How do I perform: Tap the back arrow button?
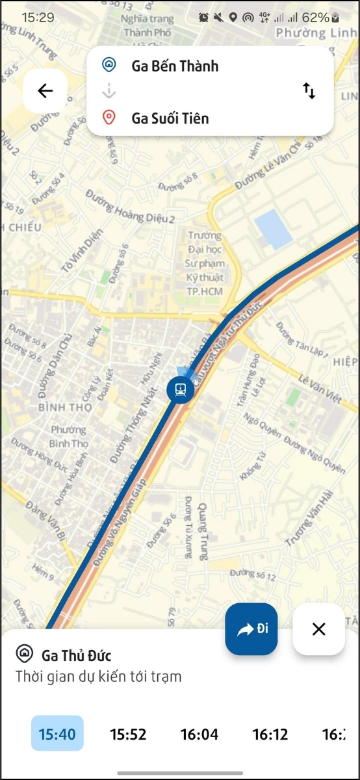45,91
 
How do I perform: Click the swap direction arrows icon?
309,91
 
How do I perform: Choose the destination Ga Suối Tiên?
170,118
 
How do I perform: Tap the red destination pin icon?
109,118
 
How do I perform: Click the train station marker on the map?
179,390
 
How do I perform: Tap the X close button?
318,629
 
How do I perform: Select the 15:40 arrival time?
57,734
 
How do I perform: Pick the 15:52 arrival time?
128,734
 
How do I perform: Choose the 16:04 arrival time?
199,734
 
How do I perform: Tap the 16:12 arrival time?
270,734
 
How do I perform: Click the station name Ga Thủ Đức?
76,655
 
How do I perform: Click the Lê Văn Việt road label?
320,388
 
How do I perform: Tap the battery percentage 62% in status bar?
315,18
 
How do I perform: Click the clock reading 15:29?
38,18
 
